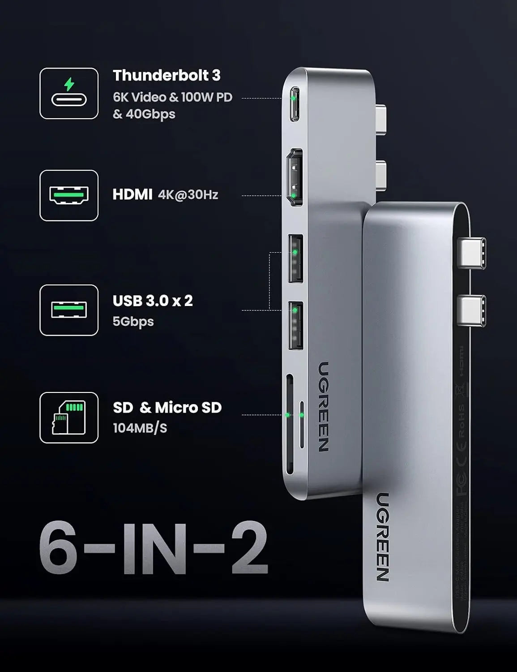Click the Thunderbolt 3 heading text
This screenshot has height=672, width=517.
pos(167,75)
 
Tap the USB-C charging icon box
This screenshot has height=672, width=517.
pos(69,94)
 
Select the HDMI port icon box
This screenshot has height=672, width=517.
pos(69,195)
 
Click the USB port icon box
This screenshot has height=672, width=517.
pos(69,310)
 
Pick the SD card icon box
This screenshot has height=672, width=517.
pos(69,418)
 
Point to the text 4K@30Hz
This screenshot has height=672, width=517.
pos(188,195)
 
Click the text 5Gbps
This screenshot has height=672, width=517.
pos(133,321)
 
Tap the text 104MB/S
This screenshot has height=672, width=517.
pos(140,428)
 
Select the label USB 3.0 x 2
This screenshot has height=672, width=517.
pos(153,301)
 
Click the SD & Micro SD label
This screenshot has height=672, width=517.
pos(167,408)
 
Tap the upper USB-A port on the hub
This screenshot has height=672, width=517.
pos(295,258)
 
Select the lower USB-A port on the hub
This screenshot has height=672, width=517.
pos(295,326)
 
